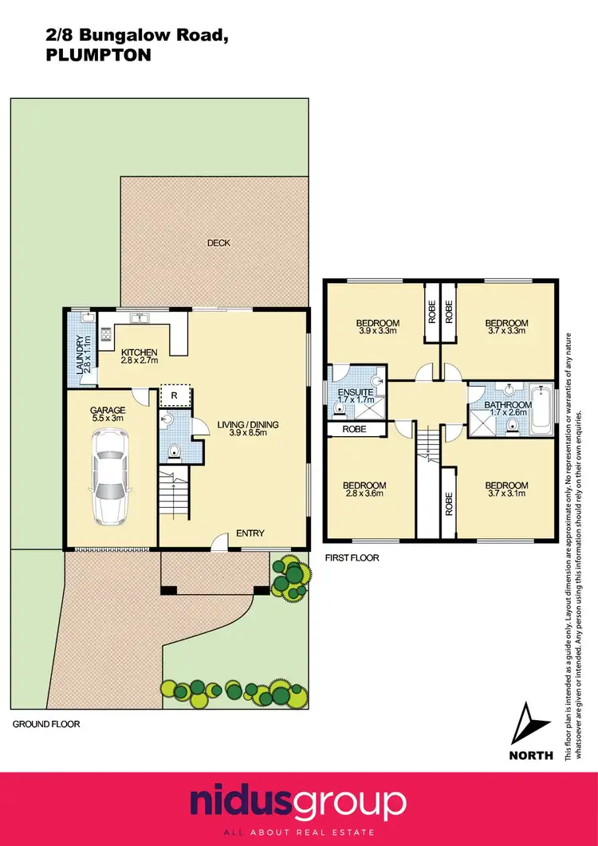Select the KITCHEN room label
(139, 352)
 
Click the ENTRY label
(250, 533)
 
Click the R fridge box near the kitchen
(174, 396)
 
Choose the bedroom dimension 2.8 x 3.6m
(364, 494)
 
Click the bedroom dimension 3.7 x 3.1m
(506, 494)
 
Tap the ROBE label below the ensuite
(351, 429)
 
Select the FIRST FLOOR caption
(351, 558)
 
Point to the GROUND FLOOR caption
(46, 725)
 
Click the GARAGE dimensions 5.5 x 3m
(108, 417)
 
